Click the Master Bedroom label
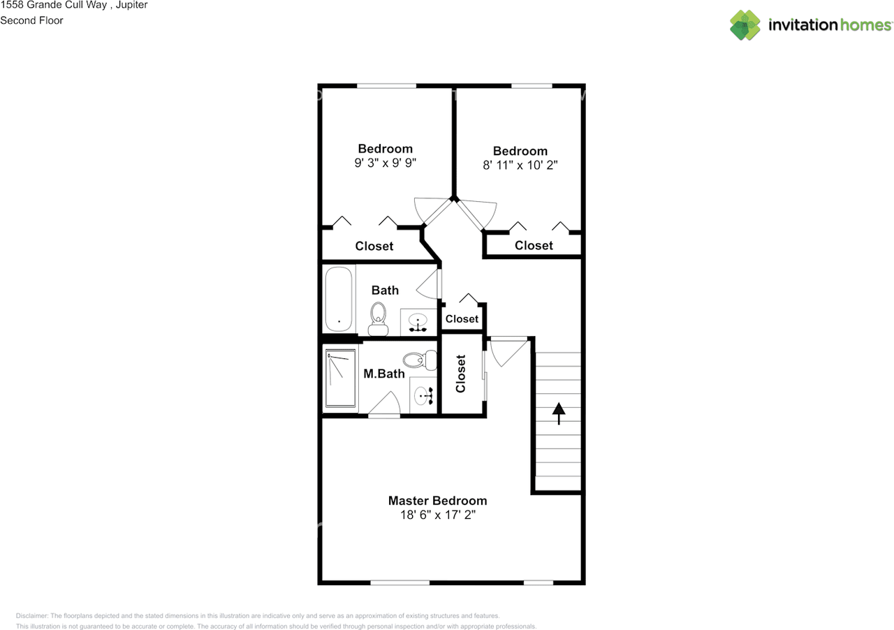(x=437, y=501)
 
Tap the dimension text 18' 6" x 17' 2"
(x=437, y=515)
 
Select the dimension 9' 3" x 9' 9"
(x=385, y=163)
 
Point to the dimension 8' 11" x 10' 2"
(x=520, y=166)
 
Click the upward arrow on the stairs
(x=558, y=413)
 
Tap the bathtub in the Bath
(x=339, y=299)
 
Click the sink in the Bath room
(x=418, y=323)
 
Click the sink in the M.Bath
(x=423, y=396)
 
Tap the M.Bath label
(x=384, y=374)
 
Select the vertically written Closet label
(x=461, y=374)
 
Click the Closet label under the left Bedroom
(x=374, y=246)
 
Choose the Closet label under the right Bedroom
(x=534, y=245)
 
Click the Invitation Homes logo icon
(x=745, y=25)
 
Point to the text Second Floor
(x=31, y=20)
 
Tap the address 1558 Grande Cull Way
(x=52, y=5)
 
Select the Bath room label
(x=385, y=290)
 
